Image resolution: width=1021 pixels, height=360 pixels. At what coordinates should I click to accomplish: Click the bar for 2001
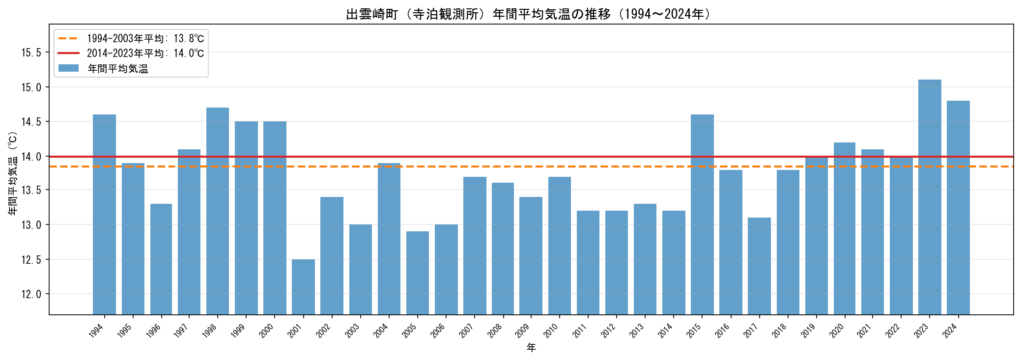(x=303, y=287)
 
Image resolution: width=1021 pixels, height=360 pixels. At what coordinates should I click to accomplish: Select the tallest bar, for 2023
(x=930, y=197)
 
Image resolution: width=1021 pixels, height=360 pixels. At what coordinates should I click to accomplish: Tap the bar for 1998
(x=218, y=211)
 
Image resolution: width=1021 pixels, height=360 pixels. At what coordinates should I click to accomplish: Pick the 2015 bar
(x=702, y=214)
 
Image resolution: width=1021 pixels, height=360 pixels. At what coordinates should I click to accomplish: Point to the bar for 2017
(x=759, y=266)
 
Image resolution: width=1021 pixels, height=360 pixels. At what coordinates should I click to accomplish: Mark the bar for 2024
(x=958, y=207)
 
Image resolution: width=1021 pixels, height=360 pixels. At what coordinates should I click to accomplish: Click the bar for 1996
(x=161, y=259)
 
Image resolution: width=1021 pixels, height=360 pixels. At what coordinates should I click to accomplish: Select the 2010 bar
(x=560, y=246)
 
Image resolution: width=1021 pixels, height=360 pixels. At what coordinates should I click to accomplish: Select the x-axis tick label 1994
(x=100, y=328)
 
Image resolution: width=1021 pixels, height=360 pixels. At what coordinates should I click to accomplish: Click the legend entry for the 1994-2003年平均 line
(x=131, y=37)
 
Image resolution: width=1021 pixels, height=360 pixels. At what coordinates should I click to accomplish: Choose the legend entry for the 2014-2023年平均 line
(x=131, y=53)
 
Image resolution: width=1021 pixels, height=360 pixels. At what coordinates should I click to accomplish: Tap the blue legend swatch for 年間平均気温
(x=68, y=69)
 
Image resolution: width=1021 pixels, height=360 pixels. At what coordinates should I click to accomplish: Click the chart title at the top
(x=520, y=13)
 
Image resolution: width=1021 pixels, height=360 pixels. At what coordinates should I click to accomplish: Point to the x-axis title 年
(x=531, y=348)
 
